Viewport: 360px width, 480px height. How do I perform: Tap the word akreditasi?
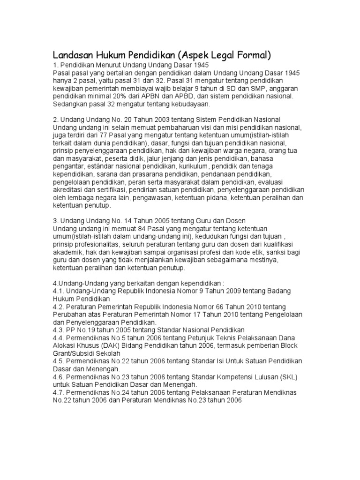[68, 189]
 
